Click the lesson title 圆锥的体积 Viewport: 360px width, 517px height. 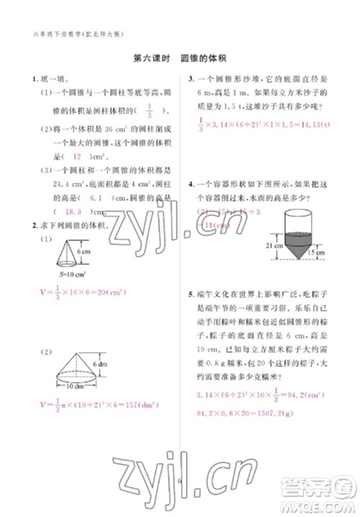pos(209,60)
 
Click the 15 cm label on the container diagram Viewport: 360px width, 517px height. pos(328,253)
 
